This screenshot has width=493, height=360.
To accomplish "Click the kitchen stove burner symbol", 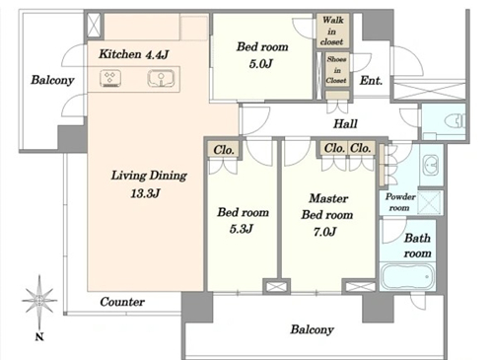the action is point(110,79).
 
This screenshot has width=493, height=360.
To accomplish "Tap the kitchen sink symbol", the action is point(161,79).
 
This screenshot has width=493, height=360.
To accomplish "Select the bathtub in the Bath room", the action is point(407,276).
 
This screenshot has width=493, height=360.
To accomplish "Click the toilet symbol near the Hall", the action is point(456,121).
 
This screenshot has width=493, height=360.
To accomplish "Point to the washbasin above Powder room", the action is point(431,165).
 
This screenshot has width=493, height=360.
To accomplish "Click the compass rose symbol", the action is point(39,300).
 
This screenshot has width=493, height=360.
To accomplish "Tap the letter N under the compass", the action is point(39,336).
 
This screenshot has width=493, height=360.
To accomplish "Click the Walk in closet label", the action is point(332,31).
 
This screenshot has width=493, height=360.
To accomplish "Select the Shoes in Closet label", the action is point(336,70).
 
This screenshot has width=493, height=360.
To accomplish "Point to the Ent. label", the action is point(371,81).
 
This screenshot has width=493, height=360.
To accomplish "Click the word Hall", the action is point(345,123).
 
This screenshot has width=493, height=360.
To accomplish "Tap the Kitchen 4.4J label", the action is point(134,54).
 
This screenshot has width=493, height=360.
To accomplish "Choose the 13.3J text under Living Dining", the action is point(145,193).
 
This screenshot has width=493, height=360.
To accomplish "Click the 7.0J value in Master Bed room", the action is point(324,232).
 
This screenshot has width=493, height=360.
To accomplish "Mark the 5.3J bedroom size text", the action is point(242,229).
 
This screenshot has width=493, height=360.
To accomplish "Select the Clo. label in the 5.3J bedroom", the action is point(224,150).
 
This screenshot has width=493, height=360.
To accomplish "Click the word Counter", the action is point(122,302).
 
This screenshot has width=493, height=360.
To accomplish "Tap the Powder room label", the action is point(400,202).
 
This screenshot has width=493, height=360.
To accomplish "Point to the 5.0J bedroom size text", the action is point(261,63).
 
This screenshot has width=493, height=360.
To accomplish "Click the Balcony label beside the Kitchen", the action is point(52,80).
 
